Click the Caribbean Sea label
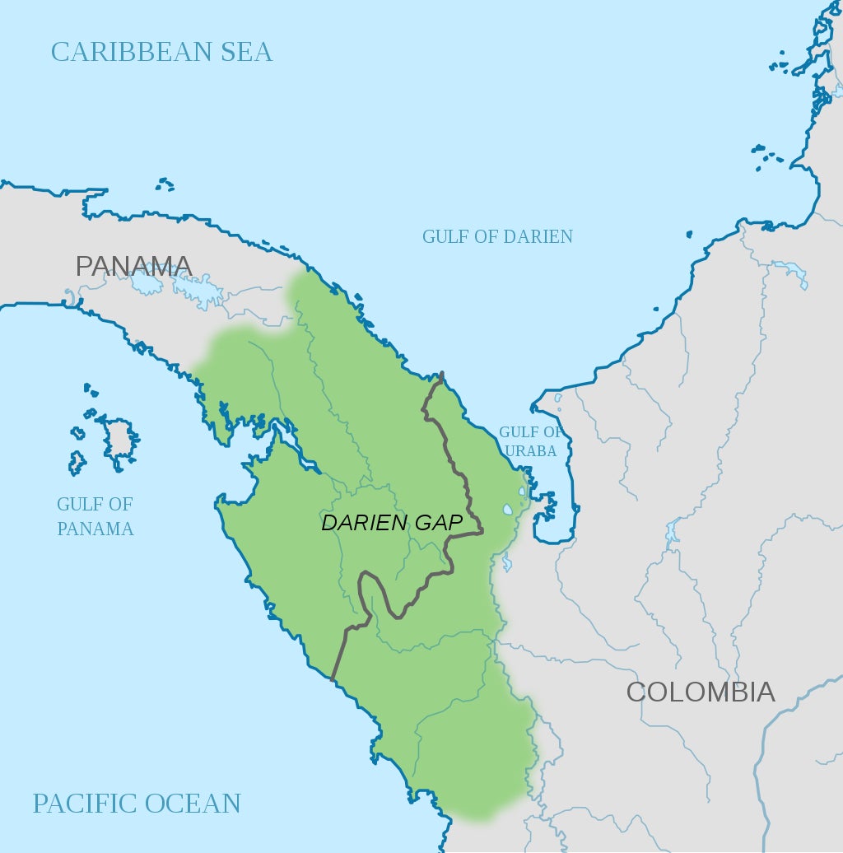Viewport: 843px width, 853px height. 161,52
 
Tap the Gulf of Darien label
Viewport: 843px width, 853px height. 497,236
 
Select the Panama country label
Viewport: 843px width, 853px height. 133,266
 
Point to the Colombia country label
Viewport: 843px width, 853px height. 701,692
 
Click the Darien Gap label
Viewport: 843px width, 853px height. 392,523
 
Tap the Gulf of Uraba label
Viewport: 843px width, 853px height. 531,441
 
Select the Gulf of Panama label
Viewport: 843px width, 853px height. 95,516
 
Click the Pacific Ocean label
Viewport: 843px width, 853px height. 137,803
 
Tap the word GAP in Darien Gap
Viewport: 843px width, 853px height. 442,523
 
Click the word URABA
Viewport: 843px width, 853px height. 531,451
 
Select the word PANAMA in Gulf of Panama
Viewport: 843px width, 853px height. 95,529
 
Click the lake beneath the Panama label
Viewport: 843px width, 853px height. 147,284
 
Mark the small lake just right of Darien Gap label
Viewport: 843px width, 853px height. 507,510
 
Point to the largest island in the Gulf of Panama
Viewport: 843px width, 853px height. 119,437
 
